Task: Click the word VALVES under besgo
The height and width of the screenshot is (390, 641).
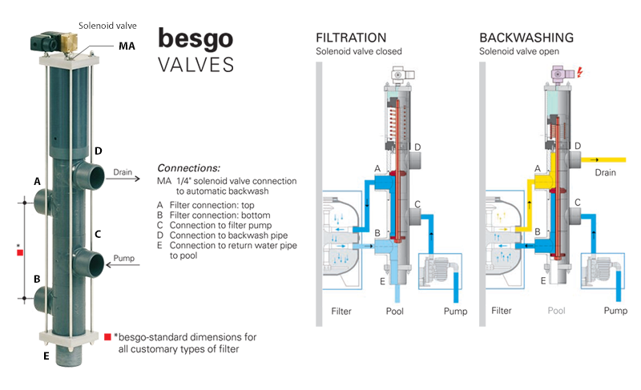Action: click(196, 65)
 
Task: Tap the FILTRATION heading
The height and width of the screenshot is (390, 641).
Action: click(351, 38)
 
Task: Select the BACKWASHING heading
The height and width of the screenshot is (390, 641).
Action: click(526, 38)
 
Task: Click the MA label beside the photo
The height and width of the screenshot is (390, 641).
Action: click(127, 46)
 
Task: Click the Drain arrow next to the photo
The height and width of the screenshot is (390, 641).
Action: click(123, 179)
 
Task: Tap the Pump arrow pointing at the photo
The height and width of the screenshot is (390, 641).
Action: click(123, 265)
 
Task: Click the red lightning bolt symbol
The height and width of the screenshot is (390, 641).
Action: click(579, 73)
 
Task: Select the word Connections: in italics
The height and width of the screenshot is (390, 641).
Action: click(188, 168)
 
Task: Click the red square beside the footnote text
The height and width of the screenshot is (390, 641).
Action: click(107, 336)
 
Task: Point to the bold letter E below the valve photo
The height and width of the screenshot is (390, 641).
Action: click(46, 356)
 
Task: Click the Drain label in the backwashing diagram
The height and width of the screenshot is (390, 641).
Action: click(605, 173)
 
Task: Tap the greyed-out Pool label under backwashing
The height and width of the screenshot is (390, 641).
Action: click(556, 311)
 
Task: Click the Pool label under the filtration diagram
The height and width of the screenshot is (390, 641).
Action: click(394, 312)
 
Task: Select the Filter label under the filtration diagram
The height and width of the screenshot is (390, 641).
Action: click(341, 312)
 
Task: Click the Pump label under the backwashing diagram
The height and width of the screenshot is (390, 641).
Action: click(615, 311)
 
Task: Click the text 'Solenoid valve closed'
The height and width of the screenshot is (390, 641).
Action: click(358, 51)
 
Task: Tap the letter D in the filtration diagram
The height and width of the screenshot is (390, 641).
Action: click(417, 147)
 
